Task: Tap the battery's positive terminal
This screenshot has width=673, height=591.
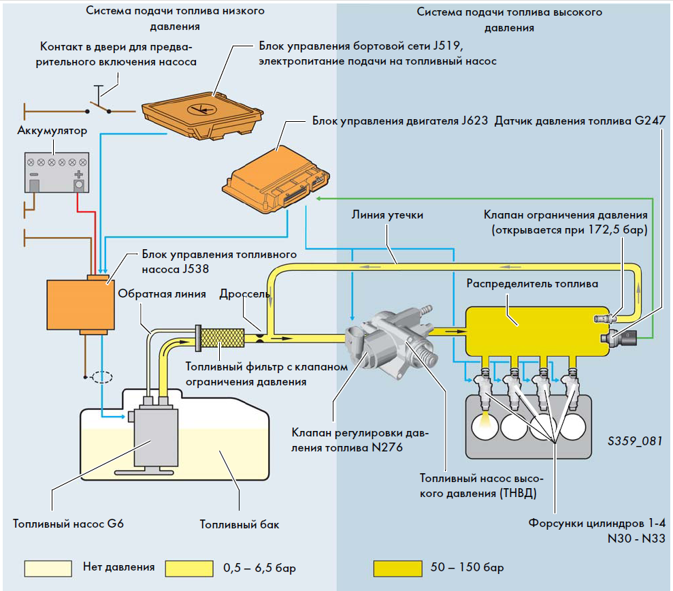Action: (78, 184)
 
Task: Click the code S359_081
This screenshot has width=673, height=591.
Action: (634, 441)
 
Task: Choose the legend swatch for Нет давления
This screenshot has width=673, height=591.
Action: (48, 568)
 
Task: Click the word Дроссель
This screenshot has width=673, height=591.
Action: (245, 294)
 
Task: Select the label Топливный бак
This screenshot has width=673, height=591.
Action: (240, 524)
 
